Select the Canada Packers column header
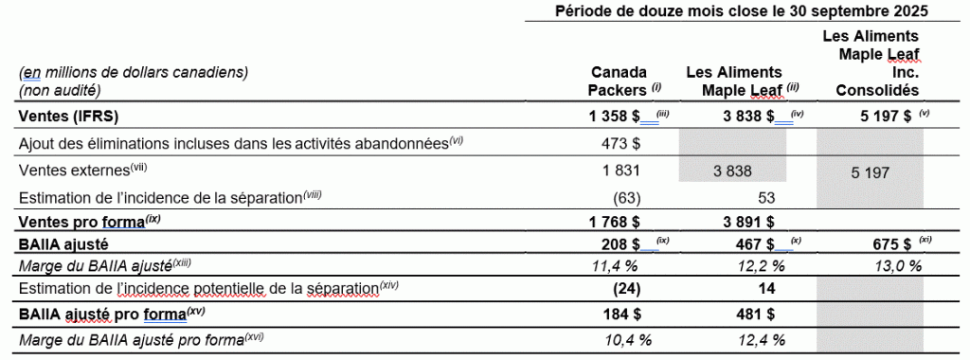tap(619, 81)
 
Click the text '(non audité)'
tap(60, 90)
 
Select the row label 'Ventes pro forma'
tap(82, 222)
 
